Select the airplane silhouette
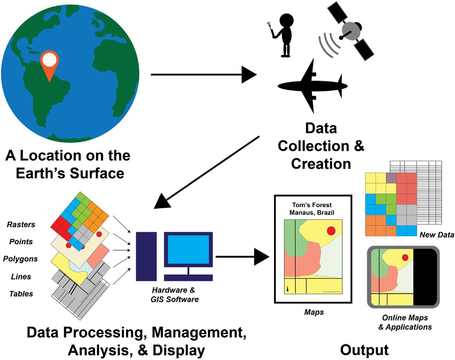[313, 86]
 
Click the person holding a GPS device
[284, 36]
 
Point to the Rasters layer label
[21, 224]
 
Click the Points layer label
[21, 242]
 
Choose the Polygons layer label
[20, 259]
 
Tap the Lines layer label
[21, 276]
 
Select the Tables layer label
[21, 294]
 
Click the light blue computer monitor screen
[188, 249]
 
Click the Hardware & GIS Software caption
[175, 295]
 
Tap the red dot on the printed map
[331, 231]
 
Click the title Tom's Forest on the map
[312, 205]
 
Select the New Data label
[437, 235]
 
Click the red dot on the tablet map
[405, 257]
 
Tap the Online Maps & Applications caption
[405, 322]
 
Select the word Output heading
[364, 350]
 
